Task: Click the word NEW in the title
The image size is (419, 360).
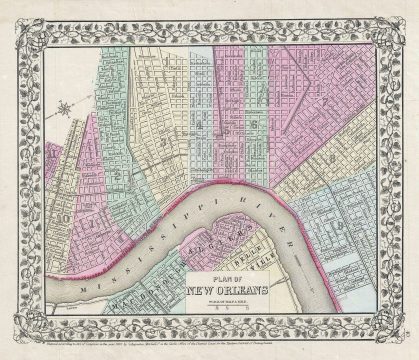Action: coord(206,291)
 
